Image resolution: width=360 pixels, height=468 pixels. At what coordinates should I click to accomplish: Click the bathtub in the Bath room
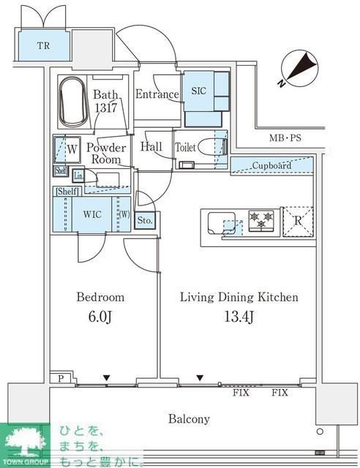[x=73, y=102]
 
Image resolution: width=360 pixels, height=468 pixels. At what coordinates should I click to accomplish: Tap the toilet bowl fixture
[x=211, y=147]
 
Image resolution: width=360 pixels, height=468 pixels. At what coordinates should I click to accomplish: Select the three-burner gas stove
[x=261, y=221]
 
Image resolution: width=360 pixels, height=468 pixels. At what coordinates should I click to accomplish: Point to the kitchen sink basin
[x=222, y=223]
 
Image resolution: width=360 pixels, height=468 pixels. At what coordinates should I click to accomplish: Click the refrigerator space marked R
[x=298, y=222]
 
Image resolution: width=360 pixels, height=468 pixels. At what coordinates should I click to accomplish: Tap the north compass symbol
[x=299, y=69]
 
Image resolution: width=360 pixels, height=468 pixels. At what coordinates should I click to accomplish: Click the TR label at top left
[x=44, y=45]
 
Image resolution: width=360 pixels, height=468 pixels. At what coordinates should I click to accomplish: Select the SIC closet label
[x=199, y=91]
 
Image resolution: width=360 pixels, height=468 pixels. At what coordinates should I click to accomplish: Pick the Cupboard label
[x=271, y=165]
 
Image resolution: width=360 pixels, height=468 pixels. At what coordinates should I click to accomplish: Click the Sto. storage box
[x=145, y=221]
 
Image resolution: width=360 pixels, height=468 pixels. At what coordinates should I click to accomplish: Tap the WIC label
[x=92, y=214]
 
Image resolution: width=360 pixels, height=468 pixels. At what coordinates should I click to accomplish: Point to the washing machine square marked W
[x=67, y=150]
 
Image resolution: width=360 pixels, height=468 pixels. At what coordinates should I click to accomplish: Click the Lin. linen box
[x=78, y=176]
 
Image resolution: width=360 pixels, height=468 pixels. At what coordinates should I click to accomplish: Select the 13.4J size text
[x=239, y=317]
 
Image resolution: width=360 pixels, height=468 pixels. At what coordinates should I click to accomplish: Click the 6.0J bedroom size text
[x=100, y=317]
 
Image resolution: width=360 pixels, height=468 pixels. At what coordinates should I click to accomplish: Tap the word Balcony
[x=189, y=419]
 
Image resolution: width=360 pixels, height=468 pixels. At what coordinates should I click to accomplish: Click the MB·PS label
[x=285, y=138]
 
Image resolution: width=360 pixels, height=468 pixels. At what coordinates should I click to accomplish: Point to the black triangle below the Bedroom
[x=107, y=378]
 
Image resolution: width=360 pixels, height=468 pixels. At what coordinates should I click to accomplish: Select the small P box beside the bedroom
[x=61, y=379]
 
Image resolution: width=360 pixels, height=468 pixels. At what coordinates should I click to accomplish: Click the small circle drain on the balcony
[x=320, y=431]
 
